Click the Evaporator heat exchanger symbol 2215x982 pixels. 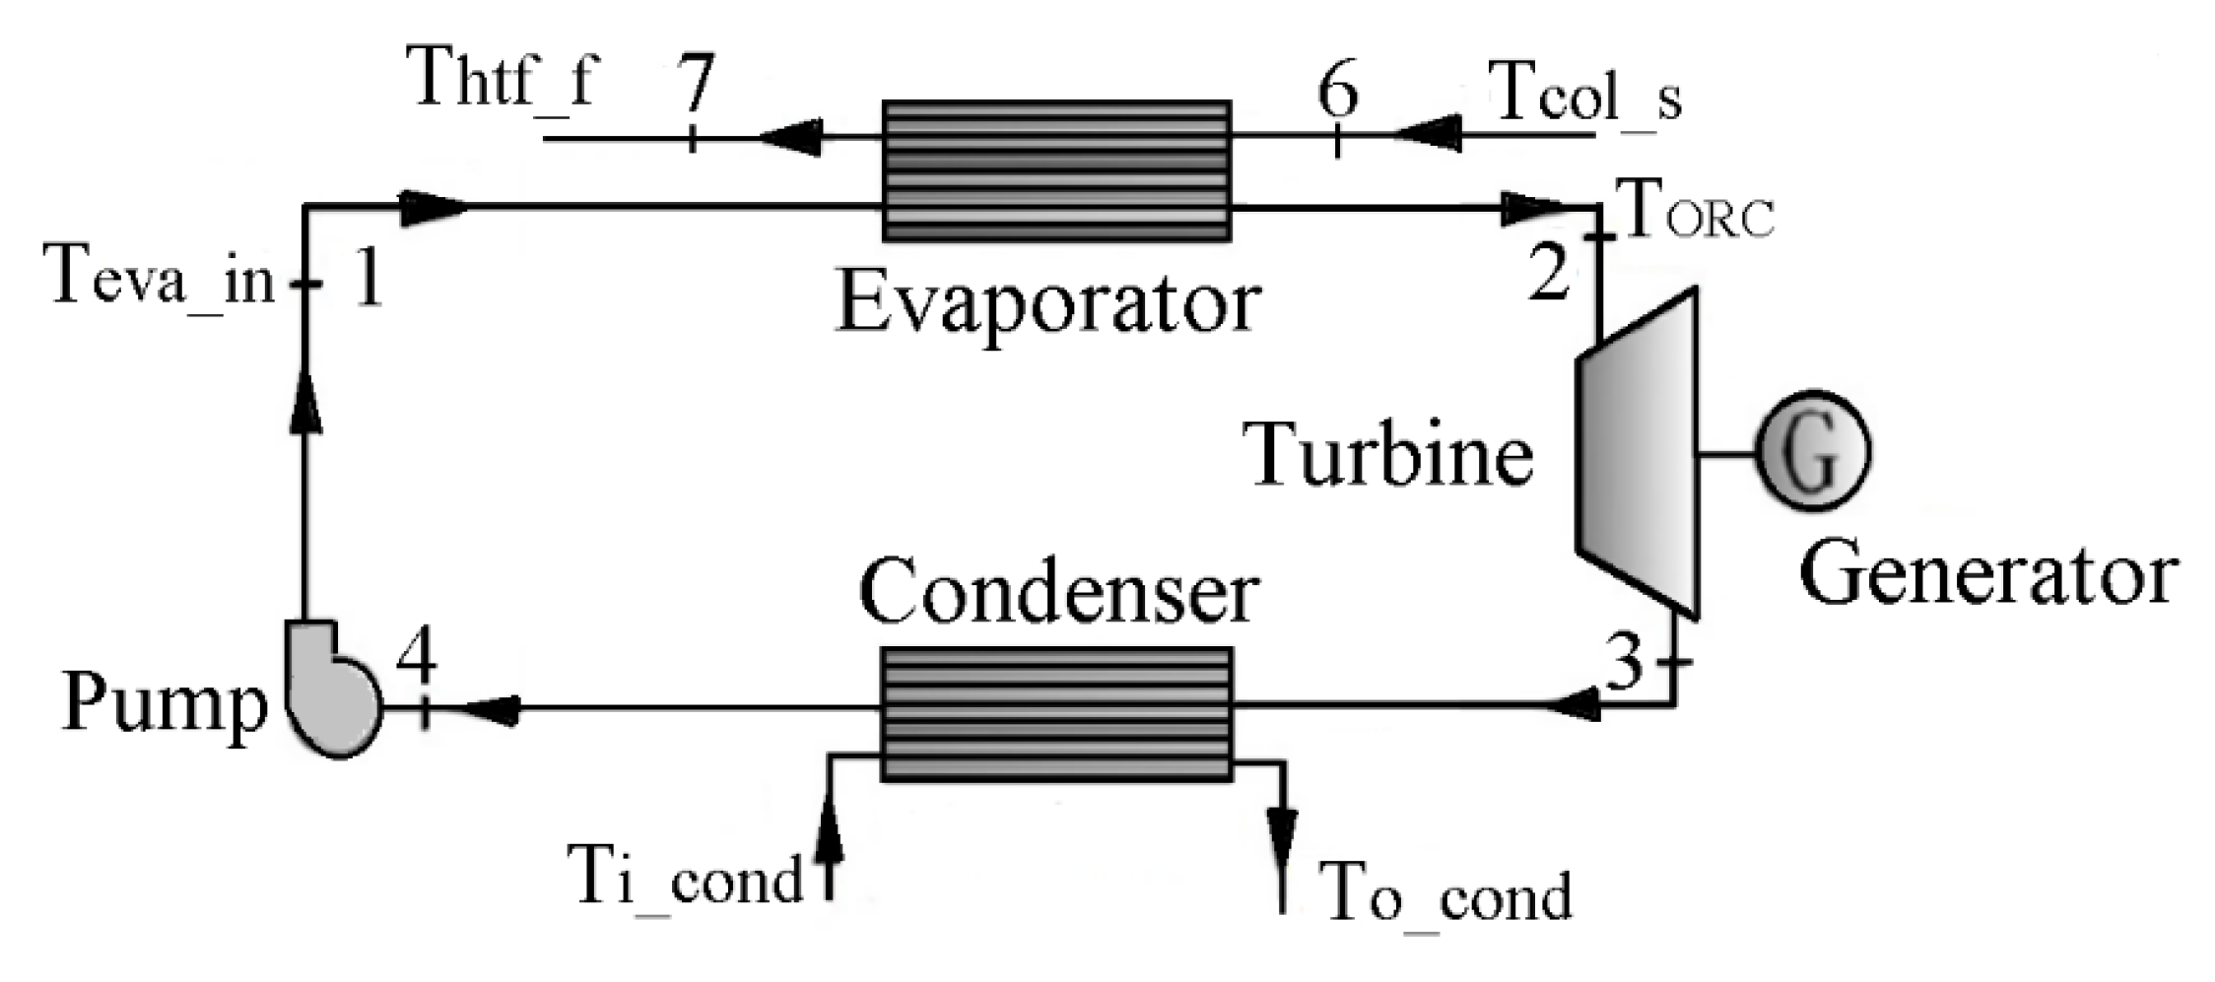(x=1056, y=171)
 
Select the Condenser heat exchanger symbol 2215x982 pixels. (x=1056, y=714)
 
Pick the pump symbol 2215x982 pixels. (x=330, y=689)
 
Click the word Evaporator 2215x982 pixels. (x=1048, y=303)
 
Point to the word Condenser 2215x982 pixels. (x=1059, y=593)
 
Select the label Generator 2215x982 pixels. (x=1988, y=575)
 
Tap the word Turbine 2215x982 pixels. (x=1392, y=455)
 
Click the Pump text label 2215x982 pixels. (x=165, y=705)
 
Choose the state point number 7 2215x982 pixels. (x=694, y=83)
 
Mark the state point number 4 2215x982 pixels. (x=417, y=658)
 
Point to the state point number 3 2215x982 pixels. (x=1625, y=662)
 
